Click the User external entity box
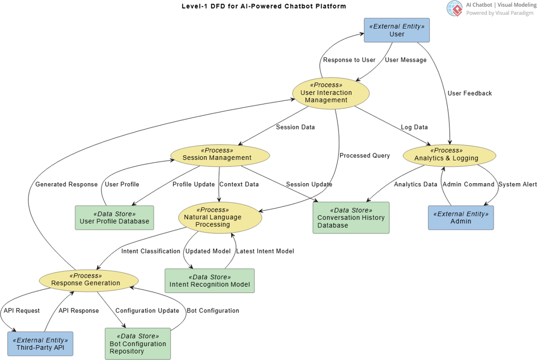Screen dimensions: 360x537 [x=397, y=30]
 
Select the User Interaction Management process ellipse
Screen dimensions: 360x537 [x=331, y=93]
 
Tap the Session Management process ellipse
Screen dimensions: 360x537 [x=220, y=155]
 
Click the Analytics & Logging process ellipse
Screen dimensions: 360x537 [x=449, y=155]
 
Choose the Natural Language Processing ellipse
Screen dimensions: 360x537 [x=220, y=217]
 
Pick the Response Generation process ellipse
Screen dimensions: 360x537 [x=89, y=280]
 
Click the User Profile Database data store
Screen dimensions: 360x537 [x=114, y=217]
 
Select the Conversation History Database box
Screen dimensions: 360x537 [x=351, y=217]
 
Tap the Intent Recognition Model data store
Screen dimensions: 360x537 [x=209, y=281]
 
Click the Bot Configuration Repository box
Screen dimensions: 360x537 [x=137, y=344]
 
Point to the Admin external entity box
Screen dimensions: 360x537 [x=460, y=217]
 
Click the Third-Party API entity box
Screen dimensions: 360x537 [x=40, y=344]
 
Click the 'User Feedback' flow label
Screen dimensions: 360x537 [x=469, y=93]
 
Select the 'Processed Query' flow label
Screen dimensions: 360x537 [x=364, y=156]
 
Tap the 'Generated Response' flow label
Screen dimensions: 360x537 [x=67, y=184]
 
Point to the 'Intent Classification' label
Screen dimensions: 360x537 [x=150, y=251]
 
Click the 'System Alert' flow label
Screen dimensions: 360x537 [x=517, y=184]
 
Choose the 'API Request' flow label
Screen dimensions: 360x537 [x=22, y=311]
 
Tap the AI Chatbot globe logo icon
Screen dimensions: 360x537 [x=454, y=8]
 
